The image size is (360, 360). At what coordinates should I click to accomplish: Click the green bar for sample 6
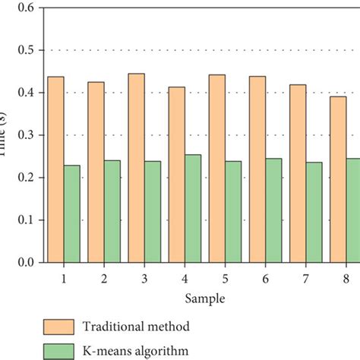click(x=273, y=210)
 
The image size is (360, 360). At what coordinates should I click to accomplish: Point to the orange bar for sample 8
click(x=337, y=179)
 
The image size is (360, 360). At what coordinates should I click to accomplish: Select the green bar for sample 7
click(x=314, y=212)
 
